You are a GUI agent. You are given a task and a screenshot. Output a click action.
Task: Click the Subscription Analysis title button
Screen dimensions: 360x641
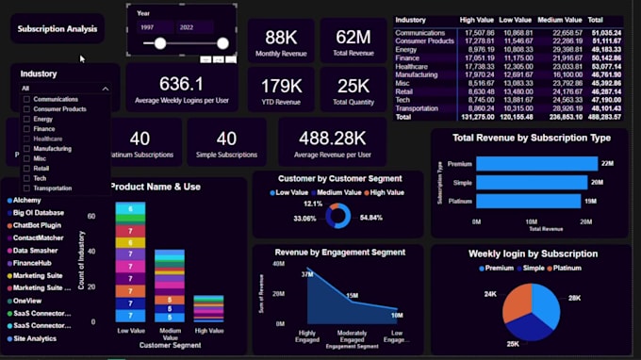click(x=58, y=29)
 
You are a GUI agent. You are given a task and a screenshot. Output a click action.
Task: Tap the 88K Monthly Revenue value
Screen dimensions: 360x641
click(x=281, y=37)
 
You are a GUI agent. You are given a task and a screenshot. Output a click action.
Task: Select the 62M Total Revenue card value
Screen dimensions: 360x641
click(x=353, y=37)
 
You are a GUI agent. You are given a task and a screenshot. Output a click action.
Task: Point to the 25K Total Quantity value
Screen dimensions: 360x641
click(x=353, y=86)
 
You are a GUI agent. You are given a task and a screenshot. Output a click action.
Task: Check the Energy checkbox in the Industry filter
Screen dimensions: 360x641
click(x=26, y=119)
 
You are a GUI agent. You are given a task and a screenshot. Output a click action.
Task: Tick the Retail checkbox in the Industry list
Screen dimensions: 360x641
click(x=26, y=168)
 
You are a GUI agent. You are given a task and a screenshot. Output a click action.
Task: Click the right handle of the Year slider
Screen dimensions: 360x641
click(x=222, y=43)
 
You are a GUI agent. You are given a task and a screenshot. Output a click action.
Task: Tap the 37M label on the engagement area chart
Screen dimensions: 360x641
click(x=307, y=274)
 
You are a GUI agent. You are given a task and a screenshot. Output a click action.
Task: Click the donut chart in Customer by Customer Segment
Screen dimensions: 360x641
click(x=337, y=216)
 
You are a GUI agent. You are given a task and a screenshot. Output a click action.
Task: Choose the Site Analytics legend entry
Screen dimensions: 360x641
click(x=35, y=337)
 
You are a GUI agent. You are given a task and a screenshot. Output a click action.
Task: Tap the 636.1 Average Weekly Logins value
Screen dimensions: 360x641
click(x=181, y=84)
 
